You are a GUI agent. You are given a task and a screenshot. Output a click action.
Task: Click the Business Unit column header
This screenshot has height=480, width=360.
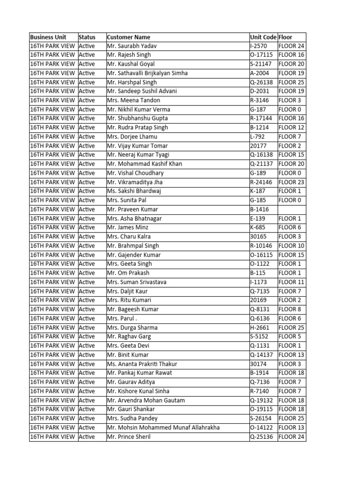48,37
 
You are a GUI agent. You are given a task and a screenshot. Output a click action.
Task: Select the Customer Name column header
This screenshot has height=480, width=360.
128,37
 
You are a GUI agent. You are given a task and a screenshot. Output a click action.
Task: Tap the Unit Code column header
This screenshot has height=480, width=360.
263,37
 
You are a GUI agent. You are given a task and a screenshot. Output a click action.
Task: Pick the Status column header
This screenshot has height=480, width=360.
87,37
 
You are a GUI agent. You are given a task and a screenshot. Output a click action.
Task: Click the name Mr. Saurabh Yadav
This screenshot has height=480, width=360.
132,46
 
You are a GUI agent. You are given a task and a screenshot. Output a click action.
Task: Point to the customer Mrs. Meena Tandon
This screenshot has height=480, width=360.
134,100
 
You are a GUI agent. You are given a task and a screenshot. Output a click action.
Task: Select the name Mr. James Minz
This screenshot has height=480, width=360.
128,227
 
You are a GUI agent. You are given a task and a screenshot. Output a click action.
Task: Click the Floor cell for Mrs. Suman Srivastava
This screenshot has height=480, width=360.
291,282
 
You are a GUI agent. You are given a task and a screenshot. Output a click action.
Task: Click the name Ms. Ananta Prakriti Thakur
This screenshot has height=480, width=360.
142,364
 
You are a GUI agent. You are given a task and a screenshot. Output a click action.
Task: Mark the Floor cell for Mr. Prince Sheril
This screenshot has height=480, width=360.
291,437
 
